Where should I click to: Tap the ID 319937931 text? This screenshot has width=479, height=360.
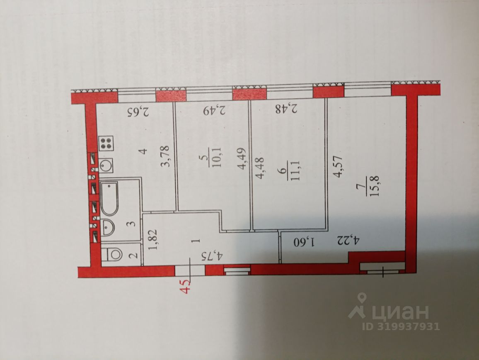401,326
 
